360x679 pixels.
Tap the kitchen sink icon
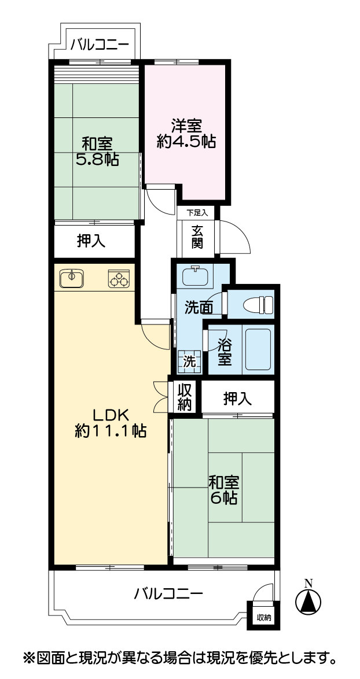[x=72, y=278]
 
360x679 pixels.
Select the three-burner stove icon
[x=118, y=278]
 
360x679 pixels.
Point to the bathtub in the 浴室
[x=258, y=349]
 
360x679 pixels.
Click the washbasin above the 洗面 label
[x=197, y=275]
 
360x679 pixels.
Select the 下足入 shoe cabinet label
[x=197, y=213]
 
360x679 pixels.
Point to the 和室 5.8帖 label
[x=97, y=151]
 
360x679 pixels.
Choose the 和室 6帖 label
[x=223, y=490]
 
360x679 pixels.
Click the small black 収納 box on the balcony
[x=263, y=617]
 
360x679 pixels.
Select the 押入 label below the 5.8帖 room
[x=91, y=241]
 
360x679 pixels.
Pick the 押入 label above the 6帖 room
[x=237, y=398]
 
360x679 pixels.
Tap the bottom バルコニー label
[x=168, y=593]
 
